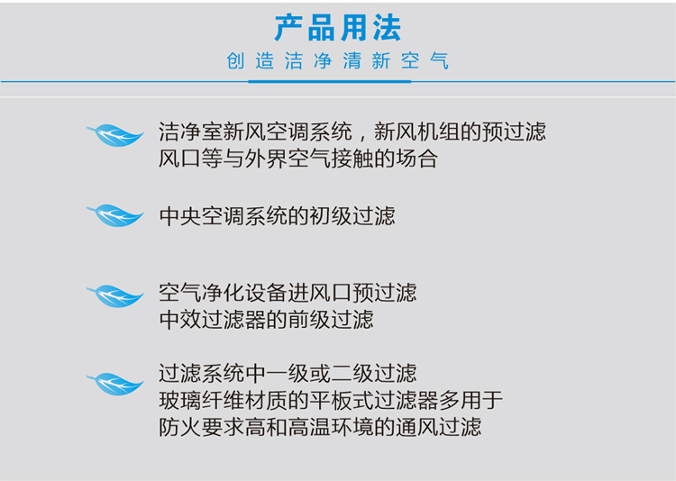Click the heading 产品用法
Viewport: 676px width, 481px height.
pyautogui.click(x=338, y=28)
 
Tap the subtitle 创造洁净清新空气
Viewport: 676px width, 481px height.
pyautogui.click(x=338, y=60)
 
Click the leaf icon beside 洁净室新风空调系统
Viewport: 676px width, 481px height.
pyautogui.click(x=115, y=135)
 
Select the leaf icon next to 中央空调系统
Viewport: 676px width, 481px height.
pyautogui.click(x=115, y=215)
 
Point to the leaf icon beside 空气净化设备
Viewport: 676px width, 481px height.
pyautogui.click(x=115, y=295)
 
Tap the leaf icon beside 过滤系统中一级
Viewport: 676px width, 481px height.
pyautogui.click(x=115, y=384)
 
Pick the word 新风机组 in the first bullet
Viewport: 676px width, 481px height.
pyautogui.click(x=416, y=132)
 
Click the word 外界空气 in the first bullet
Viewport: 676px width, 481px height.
pyautogui.click(x=288, y=159)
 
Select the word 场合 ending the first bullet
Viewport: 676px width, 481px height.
pyautogui.click(x=417, y=159)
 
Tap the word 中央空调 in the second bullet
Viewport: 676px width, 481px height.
pyautogui.click(x=201, y=216)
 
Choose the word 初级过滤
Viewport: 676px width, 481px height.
pyautogui.click(x=352, y=216)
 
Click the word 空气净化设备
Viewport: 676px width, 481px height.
pyautogui.click(x=223, y=293)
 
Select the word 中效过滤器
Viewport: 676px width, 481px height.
pyautogui.click(x=212, y=320)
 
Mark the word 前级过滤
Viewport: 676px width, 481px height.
pyautogui.click(x=331, y=320)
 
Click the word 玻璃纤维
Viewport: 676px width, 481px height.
pyautogui.click(x=201, y=400)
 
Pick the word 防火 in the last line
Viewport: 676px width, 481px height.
pyautogui.click(x=179, y=427)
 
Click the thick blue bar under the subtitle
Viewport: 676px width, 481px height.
pyautogui.click(x=329, y=81)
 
